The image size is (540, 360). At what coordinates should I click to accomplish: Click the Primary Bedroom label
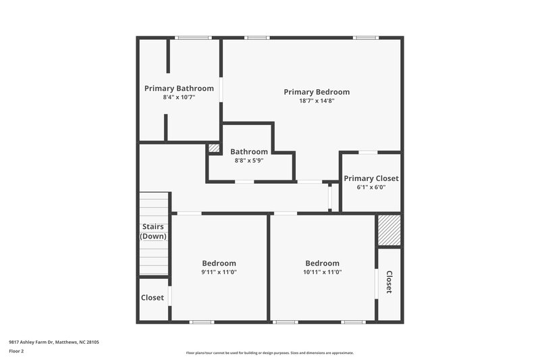tap(317, 92)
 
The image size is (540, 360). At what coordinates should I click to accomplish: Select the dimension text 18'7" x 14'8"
tap(317, 101)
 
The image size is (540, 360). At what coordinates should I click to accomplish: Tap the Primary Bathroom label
tap(179, 88)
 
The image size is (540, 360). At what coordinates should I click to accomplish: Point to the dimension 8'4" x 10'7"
tap(179, 97)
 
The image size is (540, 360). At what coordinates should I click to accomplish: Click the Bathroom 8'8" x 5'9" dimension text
tap(249, 161)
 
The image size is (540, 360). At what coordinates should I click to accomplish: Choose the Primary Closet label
tap(371, 178)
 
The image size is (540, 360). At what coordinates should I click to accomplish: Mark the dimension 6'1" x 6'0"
tap(371, 187)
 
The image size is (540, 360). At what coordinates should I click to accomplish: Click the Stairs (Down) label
tap(153, 231)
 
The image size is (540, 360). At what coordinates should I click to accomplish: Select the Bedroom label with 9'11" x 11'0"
tap(219, 263)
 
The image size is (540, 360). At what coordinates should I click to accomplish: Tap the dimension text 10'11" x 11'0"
tap(322, 272)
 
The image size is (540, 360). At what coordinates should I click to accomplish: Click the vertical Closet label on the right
tap(389, 282)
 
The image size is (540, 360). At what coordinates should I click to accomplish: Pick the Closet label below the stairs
tap(153, 298)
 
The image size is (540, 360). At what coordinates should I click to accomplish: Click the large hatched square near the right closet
tap(389, 231)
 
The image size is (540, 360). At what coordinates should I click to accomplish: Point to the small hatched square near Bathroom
tap(213, 148)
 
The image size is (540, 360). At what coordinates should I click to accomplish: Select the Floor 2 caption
tap(16, 351)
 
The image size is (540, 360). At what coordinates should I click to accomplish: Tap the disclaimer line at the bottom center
tap(269, 353)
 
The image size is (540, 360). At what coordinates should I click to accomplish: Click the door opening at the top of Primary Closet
tap(368, 152)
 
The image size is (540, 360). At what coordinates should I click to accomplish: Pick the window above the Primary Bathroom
tap(193, 38)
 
